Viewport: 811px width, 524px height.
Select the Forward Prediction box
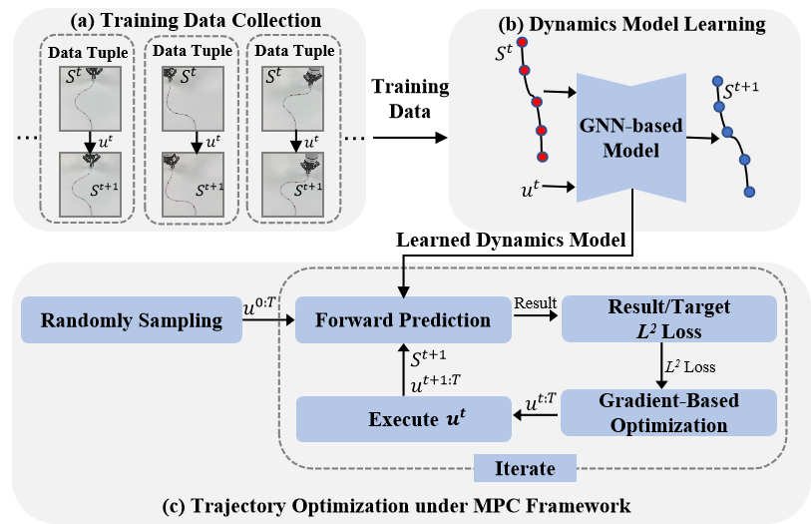pos(403,321)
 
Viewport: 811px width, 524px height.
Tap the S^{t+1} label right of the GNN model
pos(760,89)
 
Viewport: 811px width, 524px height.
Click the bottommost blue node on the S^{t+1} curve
pos(749,192)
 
